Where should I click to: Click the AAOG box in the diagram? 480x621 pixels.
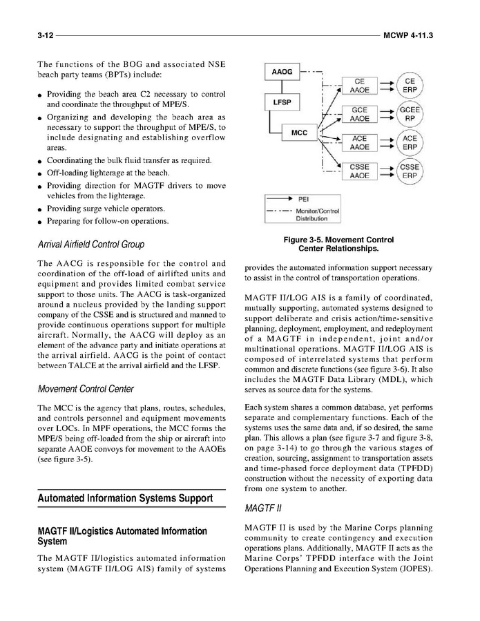tap(282, 72)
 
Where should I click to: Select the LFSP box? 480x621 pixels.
tap(282, 103)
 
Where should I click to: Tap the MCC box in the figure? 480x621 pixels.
tap(300, 132)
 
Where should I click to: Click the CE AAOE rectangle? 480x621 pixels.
tap(359, 86)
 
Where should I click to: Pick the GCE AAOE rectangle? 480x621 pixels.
tap(359, 114)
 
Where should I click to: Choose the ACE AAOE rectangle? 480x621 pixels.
tap(359, 142)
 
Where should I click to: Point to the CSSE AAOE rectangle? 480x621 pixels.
tap(359, 171)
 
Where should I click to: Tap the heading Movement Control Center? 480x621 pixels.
tap(86, 389)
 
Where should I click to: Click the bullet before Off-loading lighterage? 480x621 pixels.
tap(41, 173)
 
